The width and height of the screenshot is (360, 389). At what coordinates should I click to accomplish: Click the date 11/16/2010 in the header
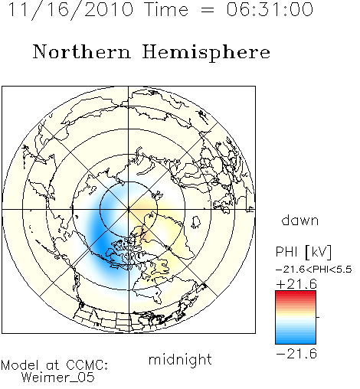70,10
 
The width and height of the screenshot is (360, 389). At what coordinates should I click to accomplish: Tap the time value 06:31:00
270,9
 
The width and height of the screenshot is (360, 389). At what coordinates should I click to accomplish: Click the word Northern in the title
82,51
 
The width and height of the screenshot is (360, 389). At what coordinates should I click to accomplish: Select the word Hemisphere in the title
206,53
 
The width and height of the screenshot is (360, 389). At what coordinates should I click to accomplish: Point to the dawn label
300,220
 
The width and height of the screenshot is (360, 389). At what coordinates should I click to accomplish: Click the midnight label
180,359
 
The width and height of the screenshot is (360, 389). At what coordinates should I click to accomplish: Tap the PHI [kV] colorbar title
303,252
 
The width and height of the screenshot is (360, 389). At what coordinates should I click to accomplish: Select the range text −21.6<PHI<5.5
314,270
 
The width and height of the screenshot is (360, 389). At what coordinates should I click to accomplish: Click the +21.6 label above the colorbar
296,284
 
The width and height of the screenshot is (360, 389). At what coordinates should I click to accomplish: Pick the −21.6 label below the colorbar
296,354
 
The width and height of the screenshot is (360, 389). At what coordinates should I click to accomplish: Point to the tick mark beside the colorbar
318,317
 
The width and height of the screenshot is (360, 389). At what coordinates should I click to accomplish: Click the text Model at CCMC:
54,365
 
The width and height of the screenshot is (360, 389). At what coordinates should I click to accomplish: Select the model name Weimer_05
58,378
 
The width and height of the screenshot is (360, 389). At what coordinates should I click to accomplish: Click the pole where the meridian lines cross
129,210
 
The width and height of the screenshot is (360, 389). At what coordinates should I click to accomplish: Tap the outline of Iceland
196,222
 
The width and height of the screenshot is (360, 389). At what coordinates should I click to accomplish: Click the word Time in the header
166,9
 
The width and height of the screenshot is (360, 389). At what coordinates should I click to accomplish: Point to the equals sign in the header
208,10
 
